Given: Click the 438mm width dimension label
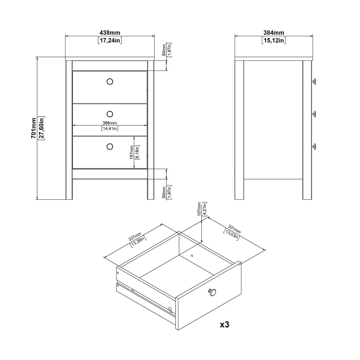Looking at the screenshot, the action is coord(110,33).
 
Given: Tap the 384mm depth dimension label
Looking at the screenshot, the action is coord(274,33).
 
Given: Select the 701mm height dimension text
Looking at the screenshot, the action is coord(34,128).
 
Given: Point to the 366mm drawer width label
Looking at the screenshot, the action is coord(110,123).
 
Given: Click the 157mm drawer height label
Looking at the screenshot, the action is coord(132,152).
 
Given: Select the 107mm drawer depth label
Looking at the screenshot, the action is coord(199,209).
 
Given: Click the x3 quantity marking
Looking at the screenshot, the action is coord(224,325).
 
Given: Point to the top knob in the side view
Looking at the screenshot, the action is coord(314,82).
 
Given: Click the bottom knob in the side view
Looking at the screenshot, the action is coord(314,146).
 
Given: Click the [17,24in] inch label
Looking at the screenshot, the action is coord(110,40).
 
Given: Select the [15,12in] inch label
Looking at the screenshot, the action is coord(274,40).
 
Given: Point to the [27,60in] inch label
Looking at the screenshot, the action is coord(42,128).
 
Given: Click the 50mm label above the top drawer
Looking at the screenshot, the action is coord(164,50).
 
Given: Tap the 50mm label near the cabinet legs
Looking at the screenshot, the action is coord(164,192).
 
